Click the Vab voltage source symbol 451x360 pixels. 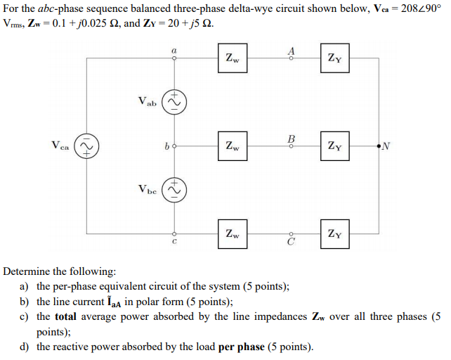[174, 102]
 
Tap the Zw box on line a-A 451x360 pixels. [233, 59]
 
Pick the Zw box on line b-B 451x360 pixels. [233, 146]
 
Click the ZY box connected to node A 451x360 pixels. [335, 59]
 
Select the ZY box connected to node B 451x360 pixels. [335, 146]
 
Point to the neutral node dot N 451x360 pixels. [379, 146]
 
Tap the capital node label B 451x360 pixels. [292, 138]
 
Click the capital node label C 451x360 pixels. [289, 243]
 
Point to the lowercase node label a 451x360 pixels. [174, 50]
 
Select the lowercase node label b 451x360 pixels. [165, 146]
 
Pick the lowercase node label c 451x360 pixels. [174, 243]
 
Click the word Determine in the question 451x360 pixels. [27, 271]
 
